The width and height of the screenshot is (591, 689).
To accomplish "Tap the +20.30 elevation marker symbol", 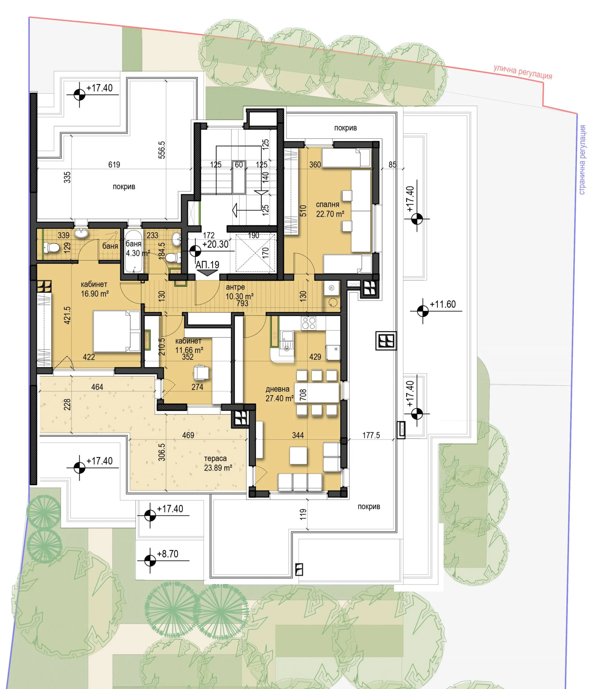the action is [195, 251].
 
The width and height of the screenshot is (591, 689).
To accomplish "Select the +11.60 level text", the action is [442, 304].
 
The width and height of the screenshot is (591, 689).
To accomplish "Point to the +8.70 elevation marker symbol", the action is [150, 561].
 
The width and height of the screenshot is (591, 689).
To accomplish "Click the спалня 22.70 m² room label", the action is [330, 209].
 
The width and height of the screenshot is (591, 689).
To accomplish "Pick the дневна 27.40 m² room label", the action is [279, 394].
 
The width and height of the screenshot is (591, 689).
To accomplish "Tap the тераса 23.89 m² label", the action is [218, 463].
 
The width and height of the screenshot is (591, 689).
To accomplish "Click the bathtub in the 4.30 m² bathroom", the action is [133, 251].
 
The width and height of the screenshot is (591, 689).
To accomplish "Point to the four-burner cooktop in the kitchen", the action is [308, 323].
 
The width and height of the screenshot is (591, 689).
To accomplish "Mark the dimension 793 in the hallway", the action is [242, 303].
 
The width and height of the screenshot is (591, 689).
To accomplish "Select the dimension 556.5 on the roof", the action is [162, 150].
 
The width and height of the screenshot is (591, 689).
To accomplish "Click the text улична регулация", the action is [523, 72].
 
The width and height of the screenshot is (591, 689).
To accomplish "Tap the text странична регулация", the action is [582, 160].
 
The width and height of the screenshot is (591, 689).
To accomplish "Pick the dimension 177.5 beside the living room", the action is [371, 435].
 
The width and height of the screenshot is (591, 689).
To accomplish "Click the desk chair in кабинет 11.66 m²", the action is [201, 372].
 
